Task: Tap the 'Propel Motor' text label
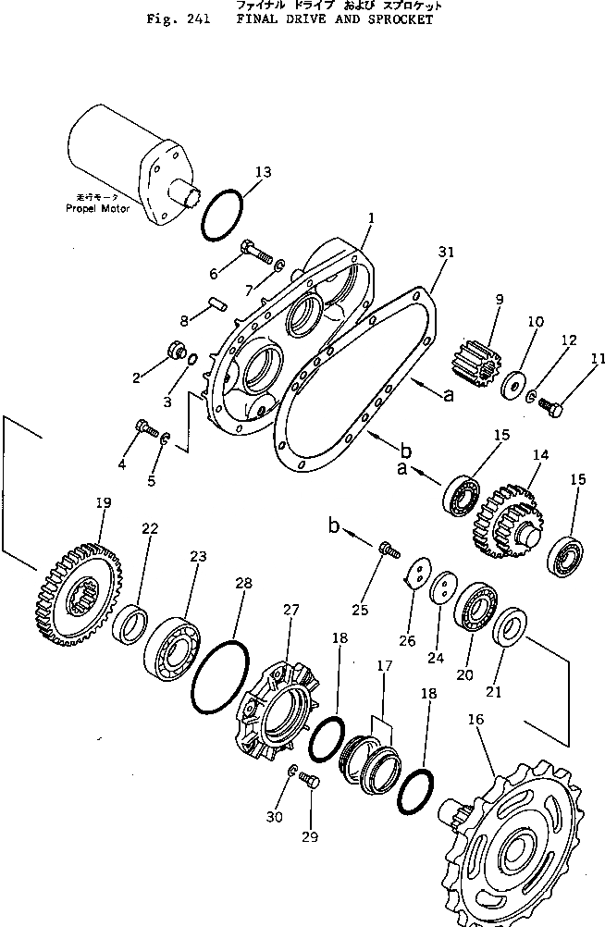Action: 97,209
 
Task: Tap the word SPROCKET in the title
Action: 400,19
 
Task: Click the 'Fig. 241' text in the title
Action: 177,19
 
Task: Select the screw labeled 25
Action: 389,551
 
